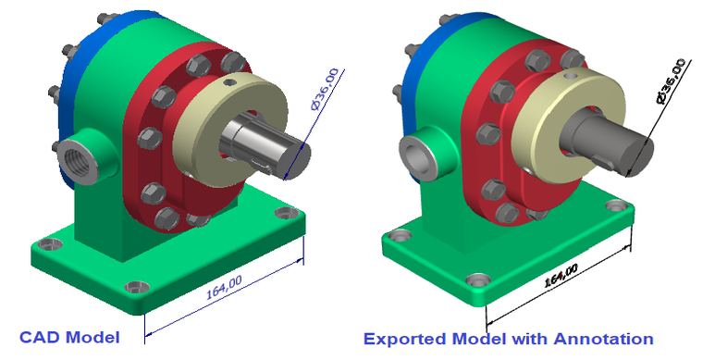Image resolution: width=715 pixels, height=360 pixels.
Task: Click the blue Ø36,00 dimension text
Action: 325,89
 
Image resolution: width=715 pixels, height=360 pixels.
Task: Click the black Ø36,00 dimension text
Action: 671,81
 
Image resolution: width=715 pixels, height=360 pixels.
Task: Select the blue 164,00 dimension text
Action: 224,287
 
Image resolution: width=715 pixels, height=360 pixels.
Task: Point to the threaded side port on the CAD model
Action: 78,161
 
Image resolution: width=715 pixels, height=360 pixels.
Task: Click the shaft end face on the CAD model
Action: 297,160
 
